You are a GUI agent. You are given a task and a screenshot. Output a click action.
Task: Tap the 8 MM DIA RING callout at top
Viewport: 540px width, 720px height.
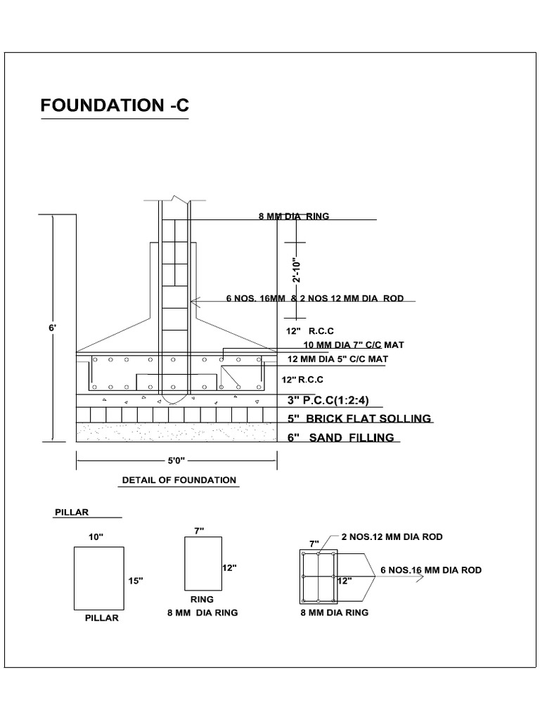tap(294, 217)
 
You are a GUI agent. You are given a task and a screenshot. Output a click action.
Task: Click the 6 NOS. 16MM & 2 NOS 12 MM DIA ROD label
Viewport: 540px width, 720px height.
tap(314, 299)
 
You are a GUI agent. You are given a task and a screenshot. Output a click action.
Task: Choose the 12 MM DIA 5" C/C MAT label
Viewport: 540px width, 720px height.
tap(339, 359)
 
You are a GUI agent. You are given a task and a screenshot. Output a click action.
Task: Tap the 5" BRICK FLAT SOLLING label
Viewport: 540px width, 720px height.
tap(359, 419)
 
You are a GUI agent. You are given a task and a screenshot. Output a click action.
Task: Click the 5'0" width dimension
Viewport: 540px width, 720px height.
tap(176, 461)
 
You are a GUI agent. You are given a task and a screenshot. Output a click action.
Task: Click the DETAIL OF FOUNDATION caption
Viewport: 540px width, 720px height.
tap(179, 480)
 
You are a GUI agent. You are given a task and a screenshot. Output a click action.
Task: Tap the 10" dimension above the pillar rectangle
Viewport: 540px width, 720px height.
tap(96, 536)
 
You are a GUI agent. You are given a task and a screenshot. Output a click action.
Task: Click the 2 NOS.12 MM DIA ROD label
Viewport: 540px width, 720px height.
tap(392, 537)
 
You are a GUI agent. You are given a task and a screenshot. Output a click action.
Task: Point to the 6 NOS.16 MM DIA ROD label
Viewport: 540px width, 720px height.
tap(430, 570)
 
